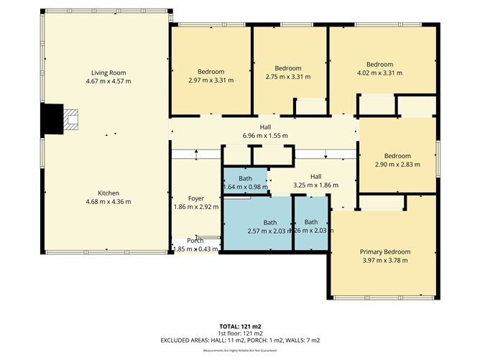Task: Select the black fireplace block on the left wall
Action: pyautogui.click(x=52, y=119)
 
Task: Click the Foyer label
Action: pyautogui.click(x=196, y=198)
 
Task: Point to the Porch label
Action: pyautogui.click(x=195, y=241)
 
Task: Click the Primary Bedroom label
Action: pyautogui.click(x=384, y=251)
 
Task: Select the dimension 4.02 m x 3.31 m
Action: pyautogui.click(x=379, y=73)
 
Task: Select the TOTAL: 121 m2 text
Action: pyautogui.click(x=239, y=327)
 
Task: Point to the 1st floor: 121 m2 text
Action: pyautogui.click(x=239, y=333)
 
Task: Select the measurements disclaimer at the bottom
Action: pyautogui.click(x=239, y=350)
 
